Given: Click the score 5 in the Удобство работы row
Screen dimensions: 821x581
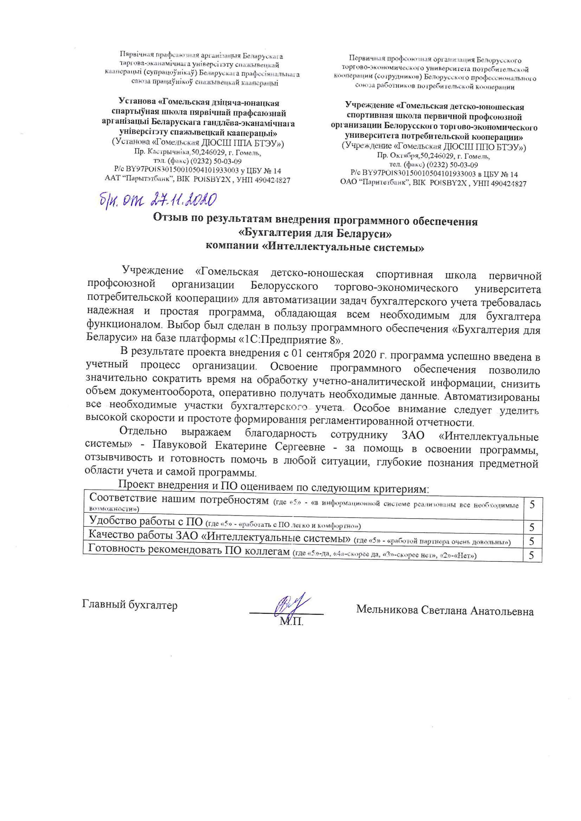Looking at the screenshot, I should [x=532, y=527].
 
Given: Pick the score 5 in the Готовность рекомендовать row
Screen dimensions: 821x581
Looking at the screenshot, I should [x=532, y=555].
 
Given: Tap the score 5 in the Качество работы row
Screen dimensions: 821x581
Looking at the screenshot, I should [x=532, y=541].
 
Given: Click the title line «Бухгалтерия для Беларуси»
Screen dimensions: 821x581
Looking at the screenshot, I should [x=315, y=234].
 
